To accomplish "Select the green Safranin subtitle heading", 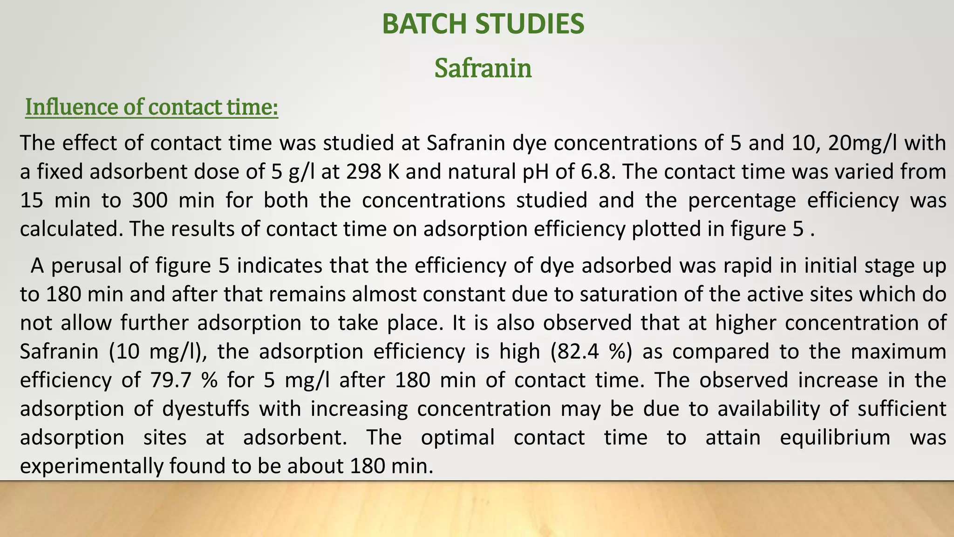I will pos(483,68).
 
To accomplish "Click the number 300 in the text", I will pos(150,200).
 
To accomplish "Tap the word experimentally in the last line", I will pos(91,466).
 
